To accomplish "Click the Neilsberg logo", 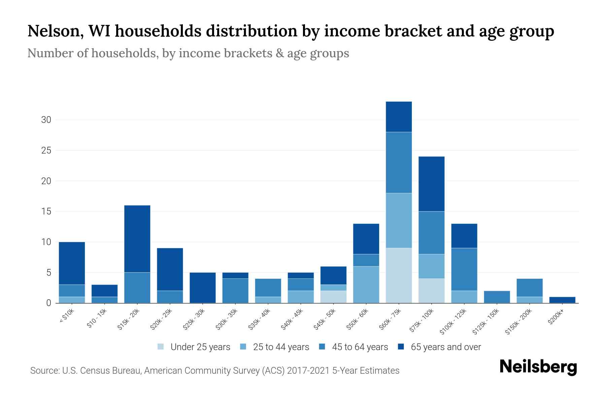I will coord(538,367).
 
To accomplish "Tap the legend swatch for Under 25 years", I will coord(161,347).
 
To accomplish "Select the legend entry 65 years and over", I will coord(446,347).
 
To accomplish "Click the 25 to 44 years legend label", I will coord(281,347).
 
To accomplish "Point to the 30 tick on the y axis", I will coord(46,120).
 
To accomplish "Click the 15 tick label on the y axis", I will coord(46,211).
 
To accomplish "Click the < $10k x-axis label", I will coord(67,316).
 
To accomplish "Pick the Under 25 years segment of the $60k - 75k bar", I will coord(399,275).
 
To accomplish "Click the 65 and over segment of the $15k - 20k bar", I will coord(137,239).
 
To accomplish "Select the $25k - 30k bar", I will coord(202,288).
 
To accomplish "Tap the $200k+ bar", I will coord(562,300).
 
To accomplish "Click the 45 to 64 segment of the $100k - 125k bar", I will coord(464,269).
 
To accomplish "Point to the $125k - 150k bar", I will coord(497,297).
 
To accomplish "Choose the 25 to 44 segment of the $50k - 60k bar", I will coord(366,284).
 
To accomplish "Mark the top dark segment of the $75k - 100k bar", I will coord(431,184).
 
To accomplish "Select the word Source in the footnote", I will coord(44,371).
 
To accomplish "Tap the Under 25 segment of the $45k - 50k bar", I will coord(333,297).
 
